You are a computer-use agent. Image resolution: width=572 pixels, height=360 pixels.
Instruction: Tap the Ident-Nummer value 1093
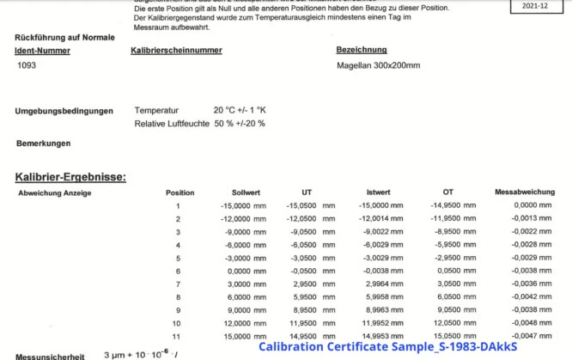pos(27,65)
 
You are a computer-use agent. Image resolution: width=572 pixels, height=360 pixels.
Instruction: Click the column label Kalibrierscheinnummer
pos(176,51)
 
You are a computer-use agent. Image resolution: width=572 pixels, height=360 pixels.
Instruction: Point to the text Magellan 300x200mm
pos(378,65)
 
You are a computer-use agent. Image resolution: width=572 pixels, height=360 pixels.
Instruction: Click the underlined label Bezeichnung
pos(362,51)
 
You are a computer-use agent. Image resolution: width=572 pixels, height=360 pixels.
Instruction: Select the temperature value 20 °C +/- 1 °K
pos(240,111)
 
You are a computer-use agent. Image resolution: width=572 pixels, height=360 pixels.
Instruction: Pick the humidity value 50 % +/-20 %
pos(240,124)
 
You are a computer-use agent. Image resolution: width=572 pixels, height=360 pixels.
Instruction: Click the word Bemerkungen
pos(43,143)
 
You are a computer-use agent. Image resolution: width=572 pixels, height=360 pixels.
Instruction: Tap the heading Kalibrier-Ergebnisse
pos(70,177)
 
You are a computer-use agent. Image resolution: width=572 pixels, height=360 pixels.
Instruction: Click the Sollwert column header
pos(246,192)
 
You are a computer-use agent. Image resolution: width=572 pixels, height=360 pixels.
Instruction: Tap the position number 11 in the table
pos(178,335)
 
